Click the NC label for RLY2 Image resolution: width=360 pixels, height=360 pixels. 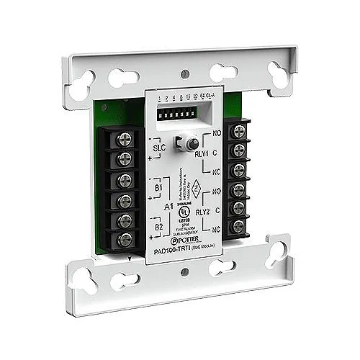[x=215, y=228]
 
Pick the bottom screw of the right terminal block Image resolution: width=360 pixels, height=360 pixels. [x=238, y=226]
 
